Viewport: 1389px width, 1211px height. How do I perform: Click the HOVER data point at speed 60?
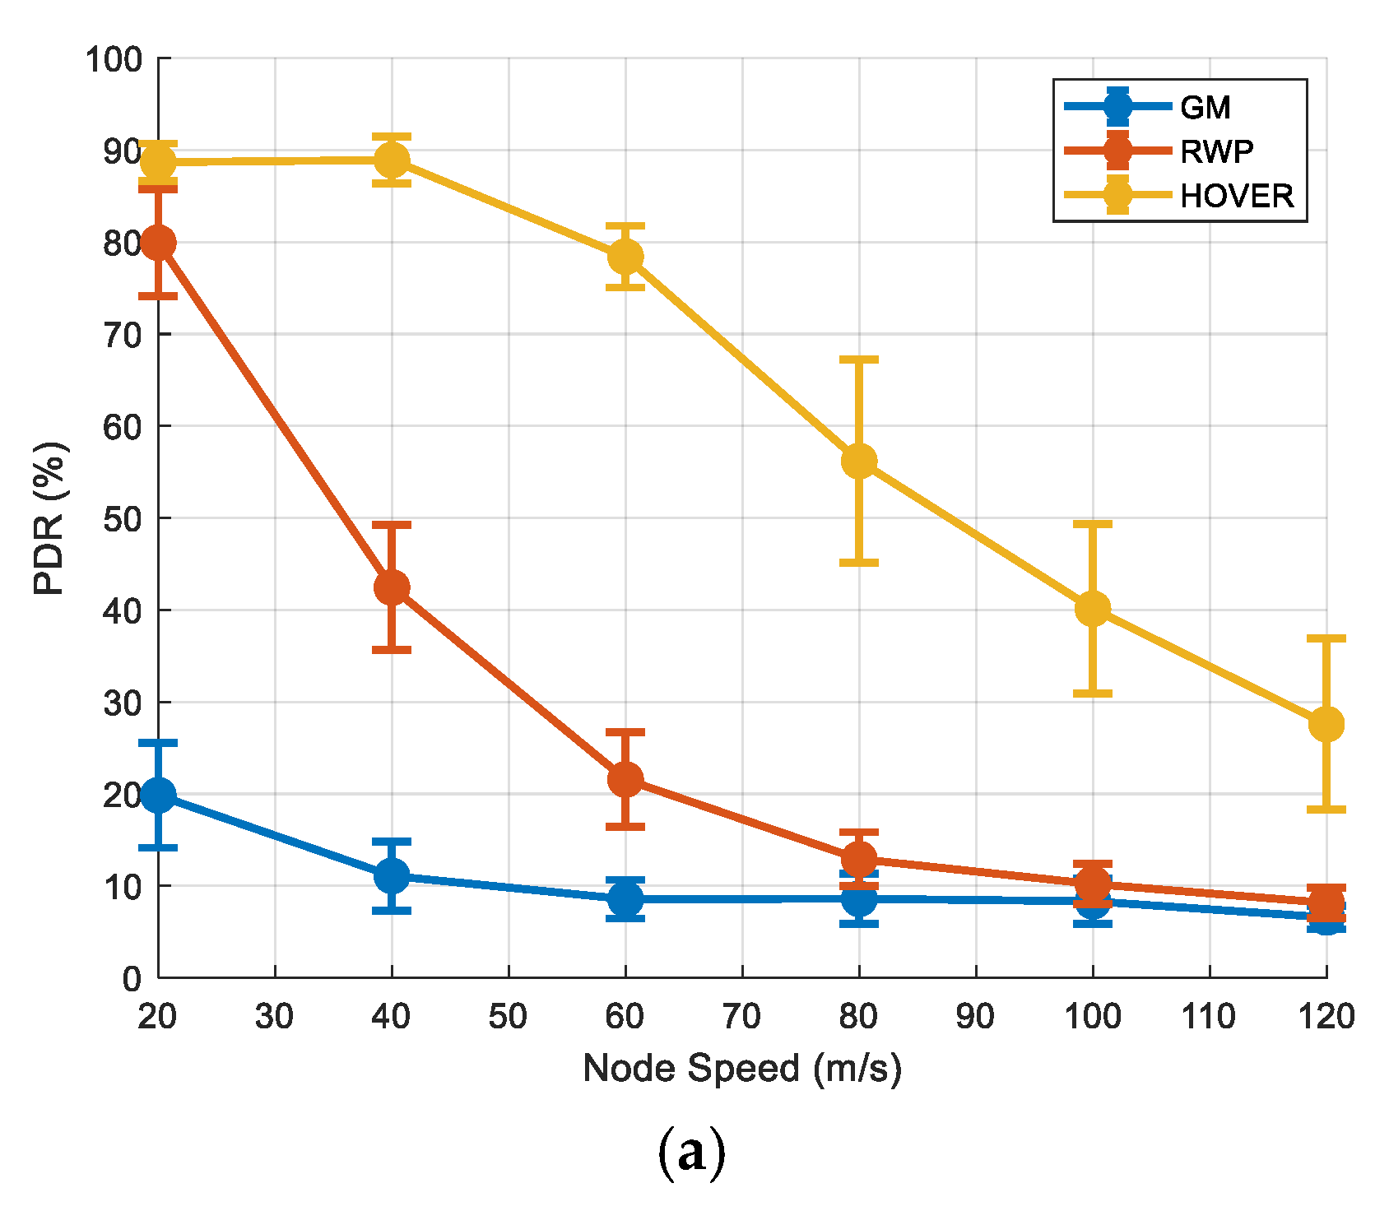(x=625, y=257)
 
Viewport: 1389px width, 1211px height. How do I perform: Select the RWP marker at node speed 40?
(x=392, y=587)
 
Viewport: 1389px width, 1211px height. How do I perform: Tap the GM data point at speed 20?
(x=158, y=795)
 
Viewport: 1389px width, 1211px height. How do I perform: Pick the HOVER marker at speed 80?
(x=859, y=462)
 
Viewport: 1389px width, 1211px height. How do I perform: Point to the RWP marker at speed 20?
(x=158, y=243)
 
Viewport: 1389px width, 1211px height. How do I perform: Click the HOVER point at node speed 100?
(x=1093, y=609)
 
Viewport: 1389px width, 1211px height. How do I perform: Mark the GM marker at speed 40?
(x=392, y=875)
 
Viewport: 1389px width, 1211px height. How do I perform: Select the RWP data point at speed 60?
(x=625, y=779)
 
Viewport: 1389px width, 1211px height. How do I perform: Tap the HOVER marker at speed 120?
(x=1326, y=724)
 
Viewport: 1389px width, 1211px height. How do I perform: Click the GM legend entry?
(x=1205, y=107)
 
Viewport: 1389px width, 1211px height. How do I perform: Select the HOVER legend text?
(x=1236, y=196)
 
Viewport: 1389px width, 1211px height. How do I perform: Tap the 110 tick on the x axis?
(x=1209, y=1018)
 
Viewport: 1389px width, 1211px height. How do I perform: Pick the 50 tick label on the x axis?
(x=509, y=1018)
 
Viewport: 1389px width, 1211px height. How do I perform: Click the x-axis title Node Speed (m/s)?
(x=742, y=1068)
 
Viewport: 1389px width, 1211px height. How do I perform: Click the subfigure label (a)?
(x=692, y=1153)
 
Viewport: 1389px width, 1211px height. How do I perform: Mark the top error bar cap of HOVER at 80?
(x=859, y=360)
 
